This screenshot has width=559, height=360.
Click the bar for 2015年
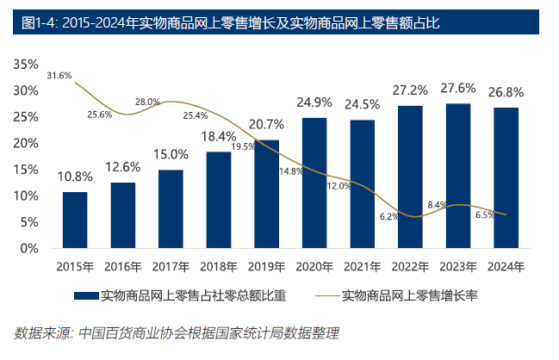[x=75, y=220]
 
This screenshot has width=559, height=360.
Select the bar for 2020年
[x=314, y=183]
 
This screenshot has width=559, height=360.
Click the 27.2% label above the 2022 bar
[x=410, y=90]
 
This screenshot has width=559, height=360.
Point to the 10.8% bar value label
[x=75, y=177]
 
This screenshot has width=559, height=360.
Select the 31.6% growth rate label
[x=59, y=76]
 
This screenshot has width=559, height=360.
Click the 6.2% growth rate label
[x=388, y=216]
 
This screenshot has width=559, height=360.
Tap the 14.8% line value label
[x=291, y=171]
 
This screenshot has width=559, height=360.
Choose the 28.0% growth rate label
[x=147, y=102]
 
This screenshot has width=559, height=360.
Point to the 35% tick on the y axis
[x=27, y=65]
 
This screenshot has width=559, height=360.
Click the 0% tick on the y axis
[x=30, y=249]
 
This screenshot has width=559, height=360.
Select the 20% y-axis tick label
[x=27, y=144]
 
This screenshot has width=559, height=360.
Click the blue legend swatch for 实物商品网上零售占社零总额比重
[x=85, y=296]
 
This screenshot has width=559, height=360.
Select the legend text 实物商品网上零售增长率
[x=410, y=296]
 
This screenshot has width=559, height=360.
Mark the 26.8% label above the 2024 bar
[x=506, y=92]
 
